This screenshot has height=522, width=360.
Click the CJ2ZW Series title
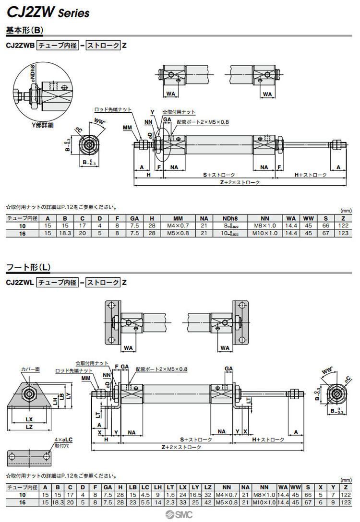tap(48, 12)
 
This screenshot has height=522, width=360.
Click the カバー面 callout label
tap(30, 370)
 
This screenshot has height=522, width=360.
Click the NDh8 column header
tap(230, 218)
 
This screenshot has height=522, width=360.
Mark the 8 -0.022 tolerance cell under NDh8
tap(230, 226)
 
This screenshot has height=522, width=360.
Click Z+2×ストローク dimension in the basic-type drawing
tap(240, 182)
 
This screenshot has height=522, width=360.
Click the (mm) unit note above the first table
tap(345, 211)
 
